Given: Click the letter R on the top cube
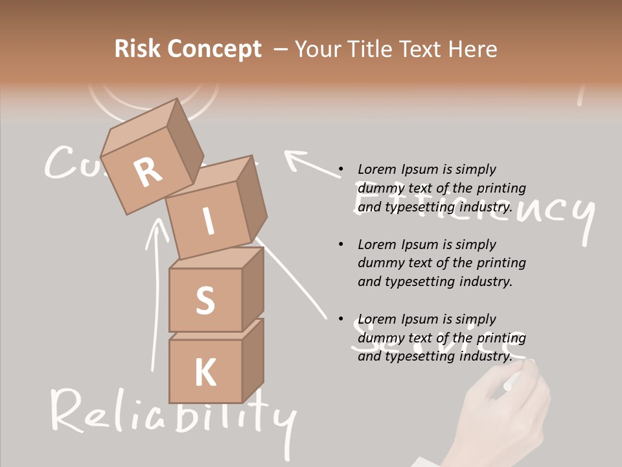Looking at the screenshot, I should pyautogui.click(x=148, y=172).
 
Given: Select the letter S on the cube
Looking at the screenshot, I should pyautogui.click(x=205, y=301).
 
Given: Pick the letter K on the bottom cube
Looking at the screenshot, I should pyautogui.click(x=205, y=372).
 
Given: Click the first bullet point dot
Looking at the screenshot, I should pyautogui.click(x=340, y=170).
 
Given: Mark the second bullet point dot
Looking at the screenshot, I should pyautogui.click(x=340, y=245).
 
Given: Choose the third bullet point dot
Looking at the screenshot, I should pyautogui.click(x=340, y=320).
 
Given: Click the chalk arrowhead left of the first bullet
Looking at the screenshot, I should pyautogui.click(x=295, y=158).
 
